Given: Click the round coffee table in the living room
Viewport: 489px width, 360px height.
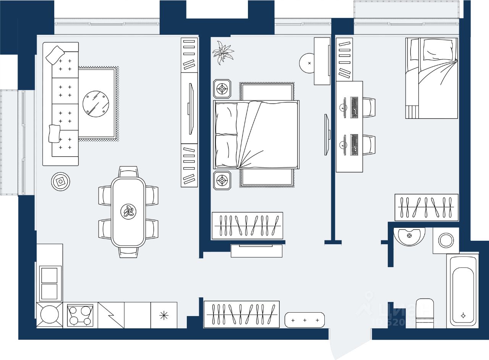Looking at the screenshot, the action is tap(96, 103).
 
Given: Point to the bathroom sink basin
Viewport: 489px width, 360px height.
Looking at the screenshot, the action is tap(409, 236).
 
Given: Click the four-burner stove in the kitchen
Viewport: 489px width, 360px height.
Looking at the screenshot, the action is tap(80, 316).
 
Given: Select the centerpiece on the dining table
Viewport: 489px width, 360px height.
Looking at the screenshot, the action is tap(128, 211).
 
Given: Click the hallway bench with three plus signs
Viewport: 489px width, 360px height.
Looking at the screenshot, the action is tap(304, 320).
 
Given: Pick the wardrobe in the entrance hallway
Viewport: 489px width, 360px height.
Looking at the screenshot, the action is tap(241, 314).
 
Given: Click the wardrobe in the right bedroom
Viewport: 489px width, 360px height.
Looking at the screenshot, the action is tap(426, 207).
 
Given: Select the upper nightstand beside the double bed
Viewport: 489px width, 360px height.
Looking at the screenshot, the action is tap(222, 89).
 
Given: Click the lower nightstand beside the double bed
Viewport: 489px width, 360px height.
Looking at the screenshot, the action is tap(222, 180).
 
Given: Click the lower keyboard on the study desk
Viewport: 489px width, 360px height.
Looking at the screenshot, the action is tap(354, 144).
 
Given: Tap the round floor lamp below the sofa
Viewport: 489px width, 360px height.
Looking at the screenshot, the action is tap(61, 182).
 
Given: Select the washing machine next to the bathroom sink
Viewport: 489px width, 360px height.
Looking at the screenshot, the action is tap(446, 240).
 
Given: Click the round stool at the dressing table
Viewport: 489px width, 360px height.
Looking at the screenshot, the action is tap(309, 63).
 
